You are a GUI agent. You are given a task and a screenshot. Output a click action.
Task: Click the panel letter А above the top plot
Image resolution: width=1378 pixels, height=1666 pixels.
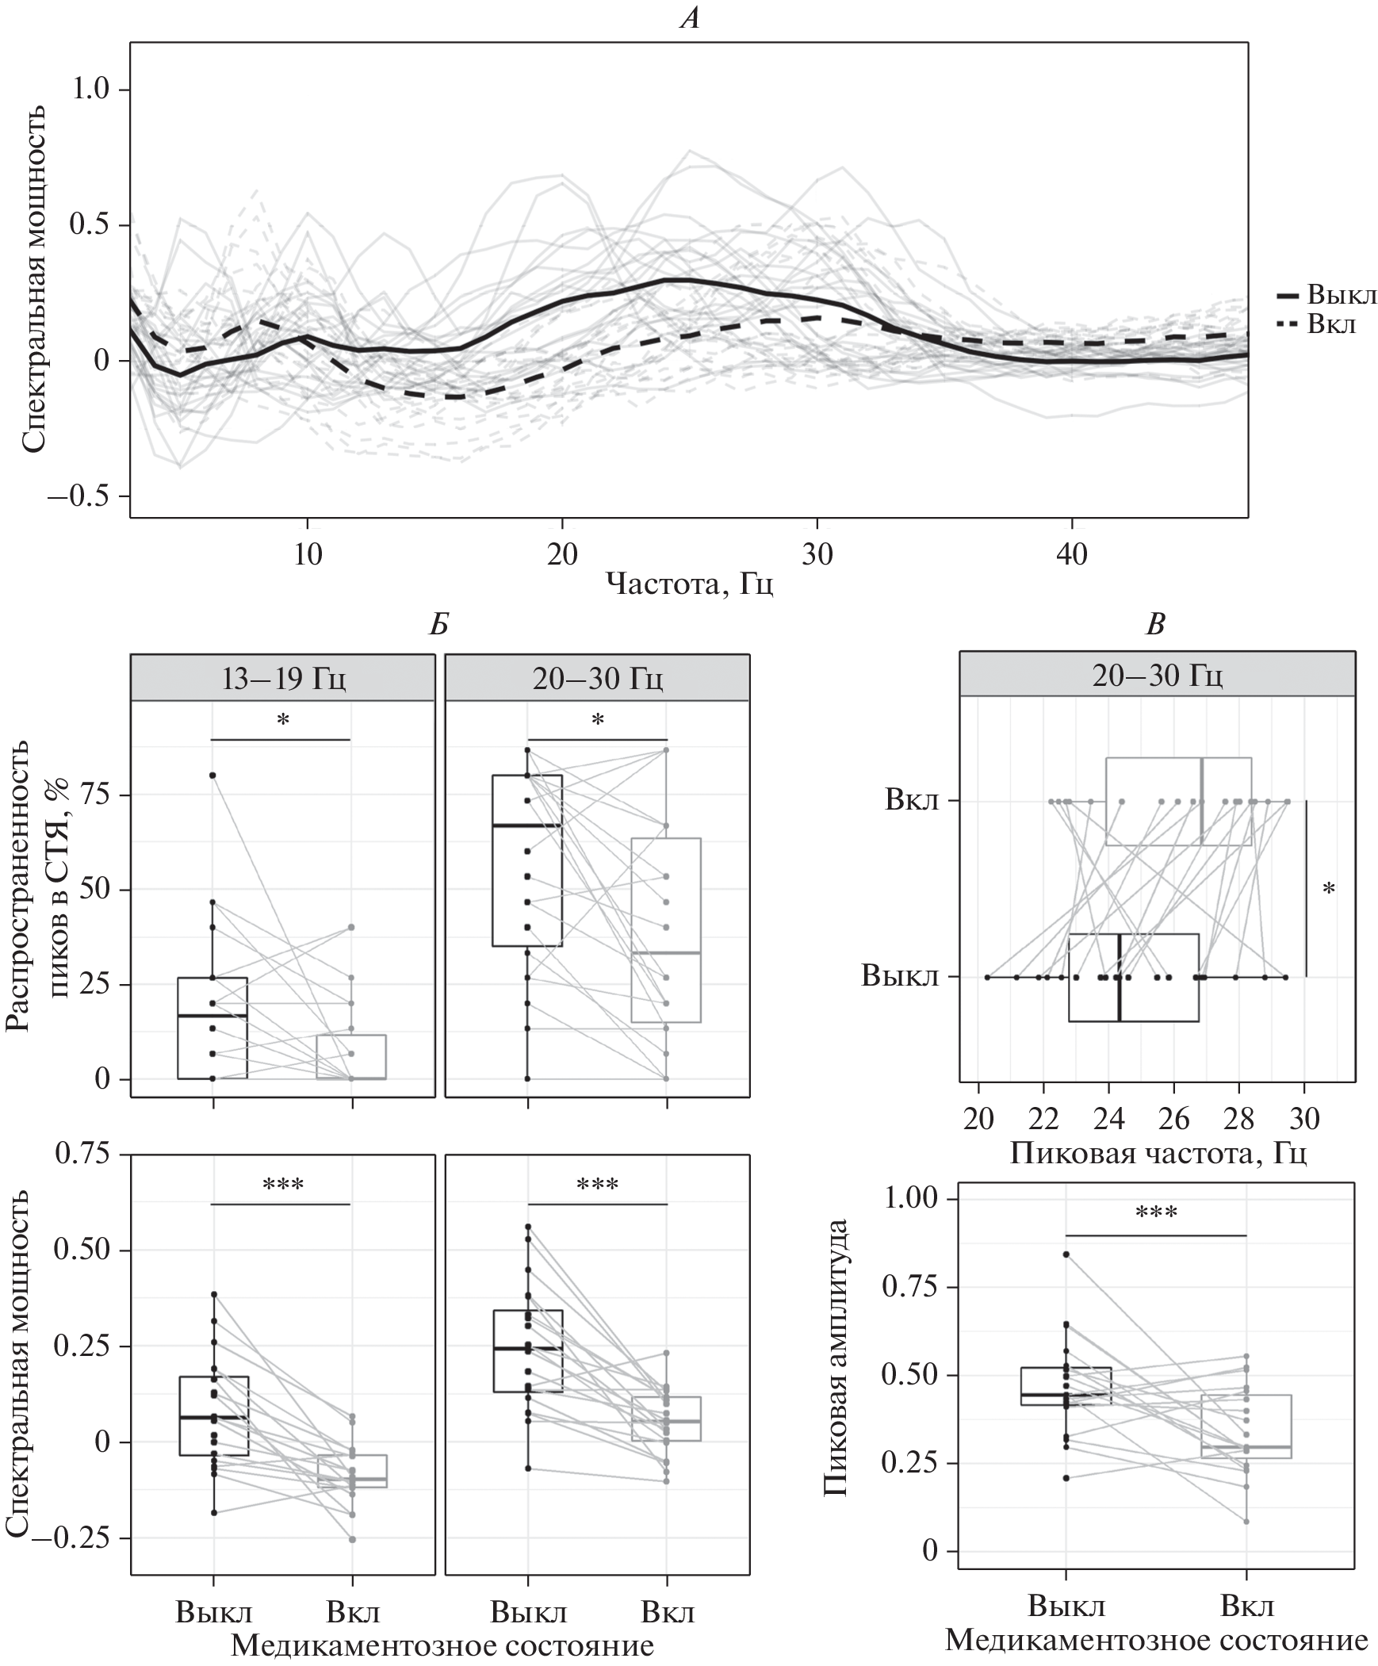click(x=690, y=17)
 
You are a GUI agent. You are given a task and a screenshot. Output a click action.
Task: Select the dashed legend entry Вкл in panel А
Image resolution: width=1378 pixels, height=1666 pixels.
click(x=1331, y=324)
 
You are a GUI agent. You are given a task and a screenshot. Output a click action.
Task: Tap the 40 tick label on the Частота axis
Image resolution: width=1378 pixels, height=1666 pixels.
click(x=1072, y=553)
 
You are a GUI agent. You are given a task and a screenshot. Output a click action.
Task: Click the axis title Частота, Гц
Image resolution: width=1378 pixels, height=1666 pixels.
click(x=690, y=584)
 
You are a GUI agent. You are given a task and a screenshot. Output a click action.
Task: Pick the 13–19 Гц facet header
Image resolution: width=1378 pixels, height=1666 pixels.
click(x=282, y=678)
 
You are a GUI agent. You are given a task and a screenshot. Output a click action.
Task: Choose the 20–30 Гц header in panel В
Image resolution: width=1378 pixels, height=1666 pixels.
click(x=1157, y=675)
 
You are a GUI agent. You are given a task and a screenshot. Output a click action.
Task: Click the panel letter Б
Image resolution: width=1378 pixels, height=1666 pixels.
click(x=438, y=625)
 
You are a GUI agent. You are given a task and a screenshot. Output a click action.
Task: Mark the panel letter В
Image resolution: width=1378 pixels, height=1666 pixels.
click(x=1156, y=625)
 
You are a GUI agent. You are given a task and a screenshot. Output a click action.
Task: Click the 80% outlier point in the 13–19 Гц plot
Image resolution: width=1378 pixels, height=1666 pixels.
click(x=212, y=775)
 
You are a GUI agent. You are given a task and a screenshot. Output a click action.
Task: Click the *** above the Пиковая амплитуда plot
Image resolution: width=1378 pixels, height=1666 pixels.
click(x=1156, y=1213)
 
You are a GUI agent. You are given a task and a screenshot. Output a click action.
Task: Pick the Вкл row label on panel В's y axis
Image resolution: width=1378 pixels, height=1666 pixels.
click(x=912, y=799)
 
